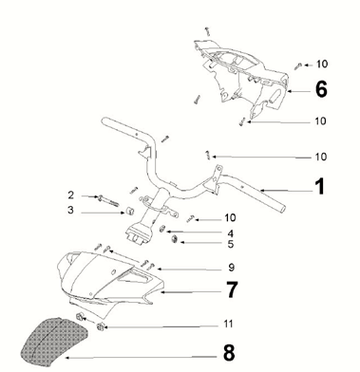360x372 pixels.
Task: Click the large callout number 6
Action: tap(321, 89)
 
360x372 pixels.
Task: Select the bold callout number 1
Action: tap(320, 186)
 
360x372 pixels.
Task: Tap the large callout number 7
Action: tap(232, 289)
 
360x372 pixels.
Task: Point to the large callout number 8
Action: tap(229, 352)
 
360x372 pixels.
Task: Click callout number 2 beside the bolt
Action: tap(71, 195)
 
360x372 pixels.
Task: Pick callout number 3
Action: tap(70, 210)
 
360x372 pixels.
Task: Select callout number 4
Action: tap(230, 233)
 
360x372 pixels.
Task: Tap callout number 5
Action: tap(231, 244)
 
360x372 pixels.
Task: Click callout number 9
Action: tap(232, 268)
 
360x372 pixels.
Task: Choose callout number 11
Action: tap(228, 324)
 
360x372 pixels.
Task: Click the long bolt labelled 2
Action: tap(107, 200)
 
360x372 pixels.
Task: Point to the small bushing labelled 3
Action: tap(129, 211)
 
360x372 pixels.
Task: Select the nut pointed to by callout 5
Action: tap(174, 239)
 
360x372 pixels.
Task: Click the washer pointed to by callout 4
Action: tap(162, 229)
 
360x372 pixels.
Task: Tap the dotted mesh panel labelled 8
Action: tap(54, 341)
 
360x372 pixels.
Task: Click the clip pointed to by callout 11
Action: tap(100, 326)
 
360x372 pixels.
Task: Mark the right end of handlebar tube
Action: tap(282, 209)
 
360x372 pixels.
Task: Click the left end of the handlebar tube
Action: tap(104, 121)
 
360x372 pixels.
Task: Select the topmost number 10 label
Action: tap(322, 64)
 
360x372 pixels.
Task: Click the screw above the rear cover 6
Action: tap(207, 31)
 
